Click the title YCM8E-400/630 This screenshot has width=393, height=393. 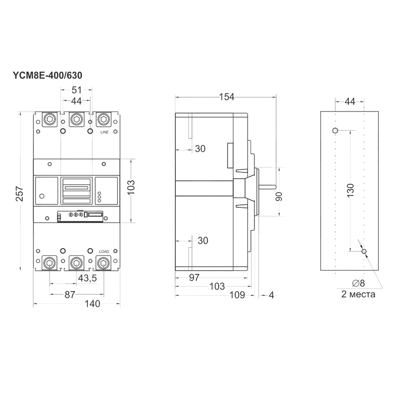[x=47, y=76]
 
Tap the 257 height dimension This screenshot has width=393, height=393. [x=20, y=194]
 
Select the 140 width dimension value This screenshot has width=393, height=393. [x=92, y=304]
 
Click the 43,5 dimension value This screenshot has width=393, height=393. [x=87, y=278]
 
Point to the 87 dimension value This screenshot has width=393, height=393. [x=70, y=295]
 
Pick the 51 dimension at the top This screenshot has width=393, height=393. [x=77, y=90]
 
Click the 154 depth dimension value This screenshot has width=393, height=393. [x=226, y=97]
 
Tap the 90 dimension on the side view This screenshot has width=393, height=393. [x=279, y=196]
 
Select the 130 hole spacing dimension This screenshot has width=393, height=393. [x=351, y=190]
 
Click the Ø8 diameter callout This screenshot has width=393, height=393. [x=359, y=283]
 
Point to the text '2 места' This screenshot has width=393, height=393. [x=358, y=294]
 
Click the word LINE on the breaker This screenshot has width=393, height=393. [x=105, y=132]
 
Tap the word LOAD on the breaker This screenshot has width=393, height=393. [x=104, y=252]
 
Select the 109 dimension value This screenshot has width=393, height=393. [x=237, y=295]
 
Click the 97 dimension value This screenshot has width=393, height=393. [x=194, y=278]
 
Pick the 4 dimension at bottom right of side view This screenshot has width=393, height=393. [x=272, y=295]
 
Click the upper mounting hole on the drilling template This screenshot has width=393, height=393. [x=335, y=130]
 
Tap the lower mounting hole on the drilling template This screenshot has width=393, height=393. [x=364, y=252]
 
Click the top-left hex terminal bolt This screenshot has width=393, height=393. [x=50, y=119]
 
